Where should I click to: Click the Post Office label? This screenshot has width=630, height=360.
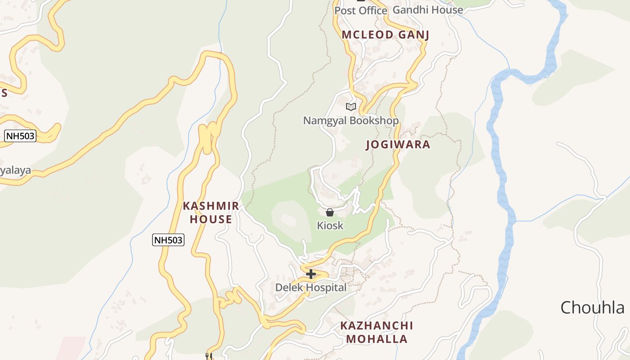pyautogui.click(x=360, y=10)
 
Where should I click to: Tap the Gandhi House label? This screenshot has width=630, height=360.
pyautogui.click(x=427, y=10)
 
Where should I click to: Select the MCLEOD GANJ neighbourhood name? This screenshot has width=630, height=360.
pyautogui.click(x=385, y=35)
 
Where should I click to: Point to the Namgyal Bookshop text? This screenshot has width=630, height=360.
pyautogui.click(x=351, y=121)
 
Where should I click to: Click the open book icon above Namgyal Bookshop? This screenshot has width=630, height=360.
pyautogui.click(x=351, y=107)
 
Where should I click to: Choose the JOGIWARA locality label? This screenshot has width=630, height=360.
pyautogui.click(x=398, y=144)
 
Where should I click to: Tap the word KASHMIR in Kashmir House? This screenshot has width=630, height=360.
pyautogui.click(x=211, y=206)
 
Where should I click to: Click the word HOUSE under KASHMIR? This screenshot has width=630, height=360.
pyautogui.click(x=211, y=219)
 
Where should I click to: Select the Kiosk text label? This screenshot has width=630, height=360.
pyautogui.click(x=330, y=225)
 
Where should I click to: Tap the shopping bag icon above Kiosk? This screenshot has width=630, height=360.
pyautogui.click(x=330, y=212)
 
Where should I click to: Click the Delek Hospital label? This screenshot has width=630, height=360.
pyautogui.click(x=311, y=288)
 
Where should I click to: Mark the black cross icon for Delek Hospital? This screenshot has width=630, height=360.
pyautogui.click(x=310, y=274)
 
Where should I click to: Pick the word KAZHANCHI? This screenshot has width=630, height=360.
pyautogui.click(x=377, y=325)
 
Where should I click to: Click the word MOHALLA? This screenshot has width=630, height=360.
pyautogui.click(x=377, y=339)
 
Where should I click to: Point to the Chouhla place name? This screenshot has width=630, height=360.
pyautogui.click(x=592, y=308)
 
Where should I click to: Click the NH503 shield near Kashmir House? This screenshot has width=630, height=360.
pyautogui.click(x=168, y=240)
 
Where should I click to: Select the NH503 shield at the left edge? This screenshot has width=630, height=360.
pyautogui.click(x=20, y=136)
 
